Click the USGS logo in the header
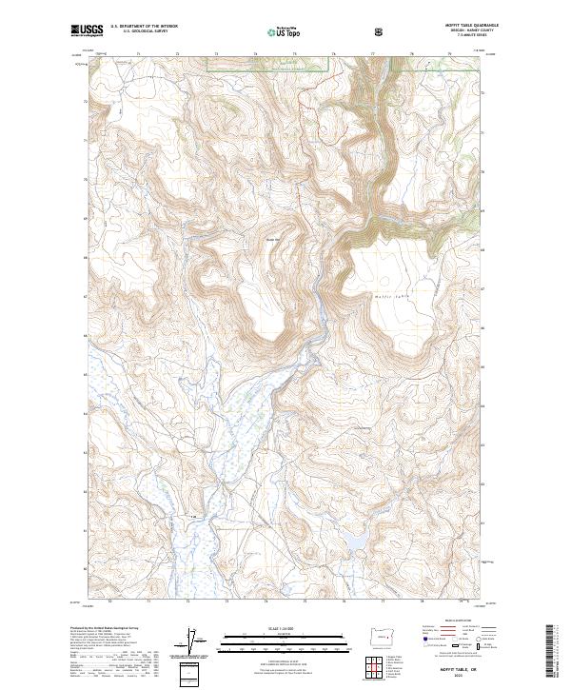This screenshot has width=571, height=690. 87,31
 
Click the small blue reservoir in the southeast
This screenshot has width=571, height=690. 354,542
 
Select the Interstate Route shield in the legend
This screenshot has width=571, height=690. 424,646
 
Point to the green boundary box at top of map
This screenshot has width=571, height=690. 268,64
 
